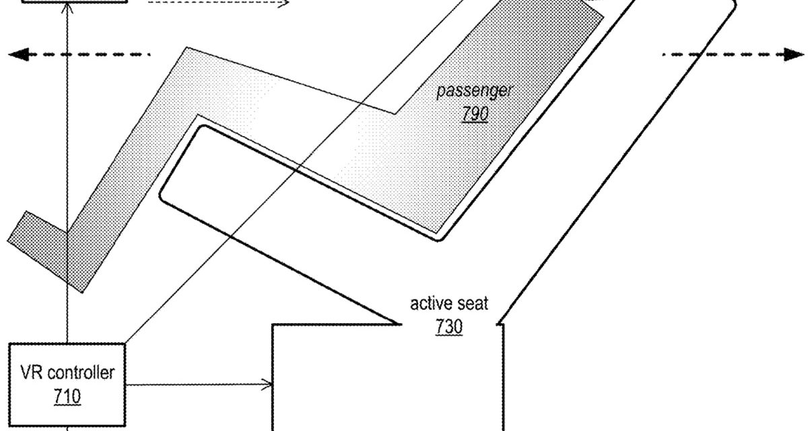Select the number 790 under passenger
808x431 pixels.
point(475,114)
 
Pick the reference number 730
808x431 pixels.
point(449,326)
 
